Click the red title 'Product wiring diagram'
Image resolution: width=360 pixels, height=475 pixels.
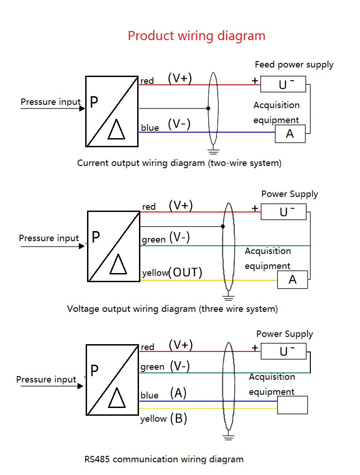point(196,36)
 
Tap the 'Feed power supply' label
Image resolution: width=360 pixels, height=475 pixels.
point(294,65)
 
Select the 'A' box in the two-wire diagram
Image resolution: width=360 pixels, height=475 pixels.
point(290,134)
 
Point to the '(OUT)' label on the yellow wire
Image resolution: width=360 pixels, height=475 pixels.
point(185,273)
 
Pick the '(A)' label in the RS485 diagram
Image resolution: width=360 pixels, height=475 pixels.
point(178,393)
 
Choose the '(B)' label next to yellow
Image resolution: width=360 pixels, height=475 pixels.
point(179,418)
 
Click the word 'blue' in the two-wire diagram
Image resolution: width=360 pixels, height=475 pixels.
point(150,128)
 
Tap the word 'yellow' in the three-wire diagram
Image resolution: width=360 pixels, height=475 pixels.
point(155,273)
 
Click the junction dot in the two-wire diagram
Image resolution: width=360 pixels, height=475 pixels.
point(208,108)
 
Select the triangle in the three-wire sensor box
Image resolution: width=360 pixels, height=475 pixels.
point(118,264)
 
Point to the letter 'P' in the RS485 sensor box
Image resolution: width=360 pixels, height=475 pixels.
point(94,371)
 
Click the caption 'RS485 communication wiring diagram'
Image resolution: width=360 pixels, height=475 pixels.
point(164,459)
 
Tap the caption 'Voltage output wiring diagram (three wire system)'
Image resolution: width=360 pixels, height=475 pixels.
point(172,309)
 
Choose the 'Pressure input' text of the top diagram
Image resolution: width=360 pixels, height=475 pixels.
point(51,102)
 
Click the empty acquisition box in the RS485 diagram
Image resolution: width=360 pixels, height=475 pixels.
point(293,405)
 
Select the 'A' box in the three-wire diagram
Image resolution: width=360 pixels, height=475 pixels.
point(293,280)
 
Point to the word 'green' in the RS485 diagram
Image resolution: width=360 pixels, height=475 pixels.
point(152,367)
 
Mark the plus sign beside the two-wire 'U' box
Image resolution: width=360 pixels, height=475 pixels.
point(255,81)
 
